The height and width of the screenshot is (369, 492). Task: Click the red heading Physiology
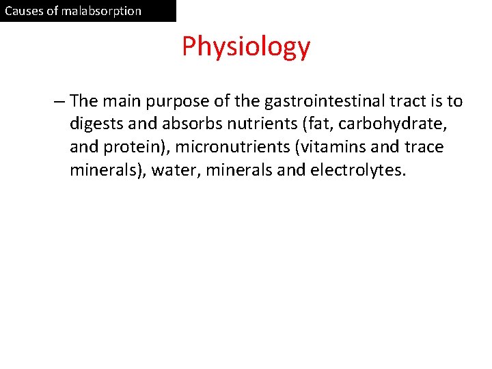pos(246,46)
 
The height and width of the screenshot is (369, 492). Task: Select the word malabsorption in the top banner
pos(100,11)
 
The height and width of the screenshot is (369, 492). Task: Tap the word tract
pos(404,102)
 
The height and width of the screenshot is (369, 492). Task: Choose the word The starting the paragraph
pos(84,102)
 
